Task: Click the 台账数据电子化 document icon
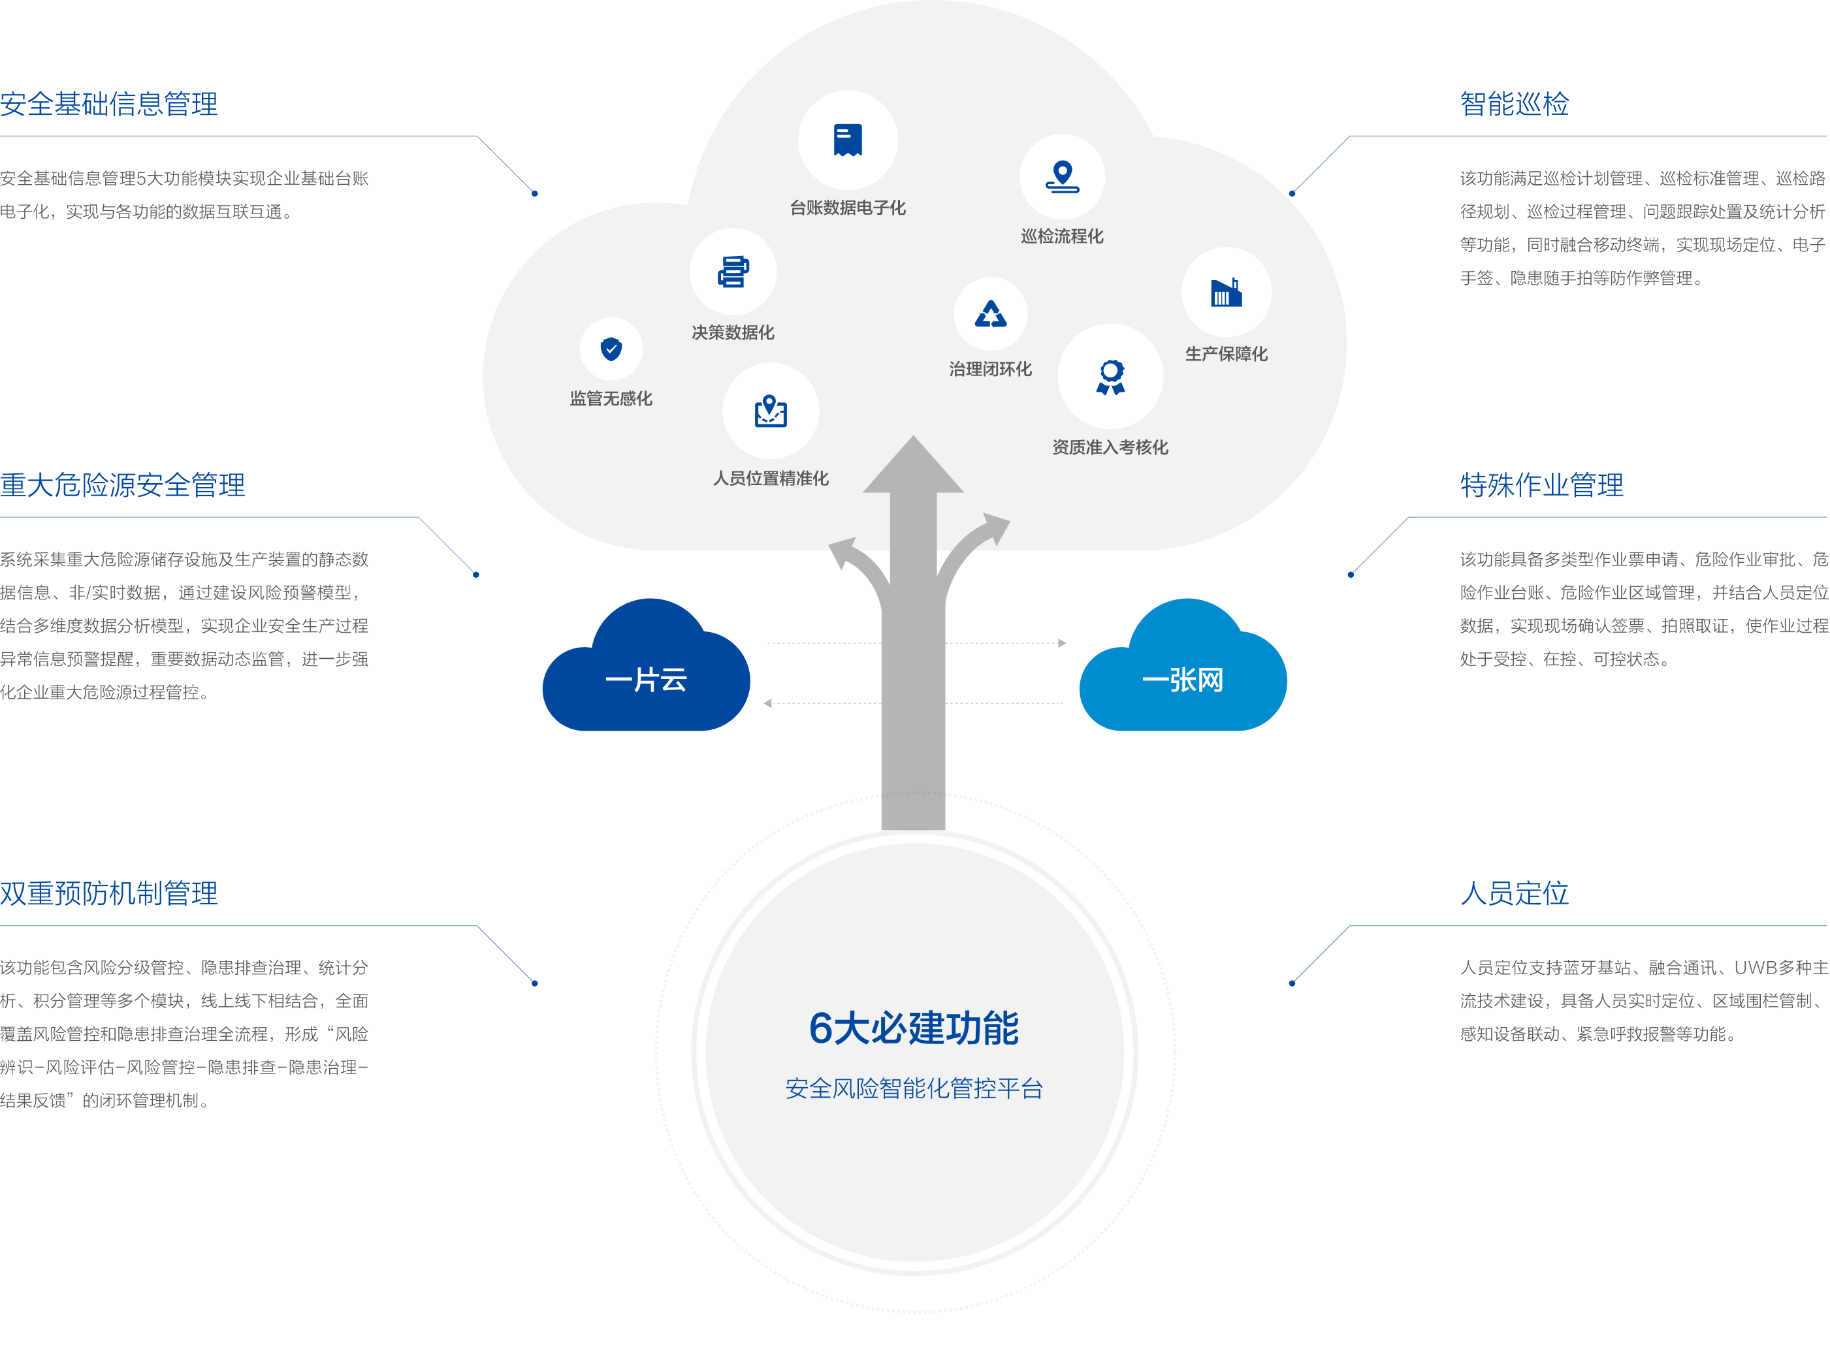click(x=848, y=140)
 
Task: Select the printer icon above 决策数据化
click(x=733, y=272)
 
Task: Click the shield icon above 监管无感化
click(x=611, y=349)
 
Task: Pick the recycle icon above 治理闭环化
click(x=991, y=314)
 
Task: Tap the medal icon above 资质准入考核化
click(x=1110, y=377)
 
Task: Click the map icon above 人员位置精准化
click(x=770, y=411)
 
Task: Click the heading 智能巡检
click(x=1514, y=104)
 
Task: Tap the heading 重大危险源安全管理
click(x=123, y=486)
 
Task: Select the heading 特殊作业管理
click(x=1542, y=486)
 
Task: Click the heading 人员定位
click(x=1514, y=893)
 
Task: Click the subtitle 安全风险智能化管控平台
click(x=914, y=1088)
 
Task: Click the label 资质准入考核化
click(x=1110, y=447)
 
